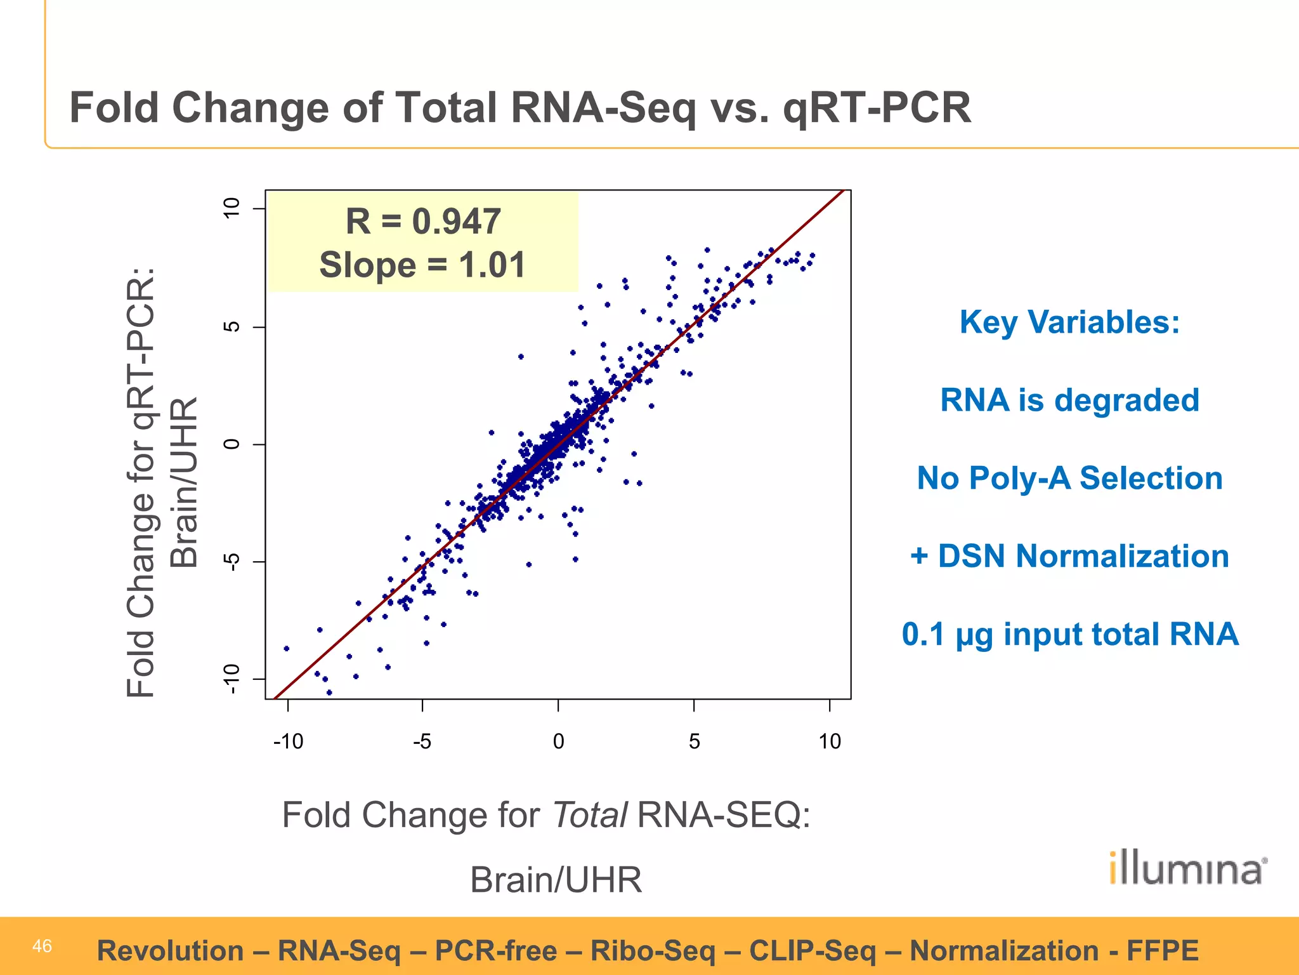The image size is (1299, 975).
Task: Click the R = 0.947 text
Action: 423,222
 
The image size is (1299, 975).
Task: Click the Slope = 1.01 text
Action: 423,265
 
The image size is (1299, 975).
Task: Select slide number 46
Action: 42,946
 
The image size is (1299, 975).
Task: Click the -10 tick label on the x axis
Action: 288,741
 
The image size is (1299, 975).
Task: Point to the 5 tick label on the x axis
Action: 694,741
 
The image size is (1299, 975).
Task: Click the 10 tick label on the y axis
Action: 232,208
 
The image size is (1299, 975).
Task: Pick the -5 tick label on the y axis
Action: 232,562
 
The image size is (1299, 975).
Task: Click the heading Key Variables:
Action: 1069,322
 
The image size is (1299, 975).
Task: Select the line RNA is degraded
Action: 1069,400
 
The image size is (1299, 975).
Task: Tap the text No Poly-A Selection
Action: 1069,478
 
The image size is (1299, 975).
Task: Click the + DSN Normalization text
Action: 1069,556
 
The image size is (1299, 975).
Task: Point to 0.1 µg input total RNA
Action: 1069,634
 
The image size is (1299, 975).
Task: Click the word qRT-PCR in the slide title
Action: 877,108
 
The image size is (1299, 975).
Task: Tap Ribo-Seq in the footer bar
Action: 653,951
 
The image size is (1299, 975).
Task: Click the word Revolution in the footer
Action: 170,951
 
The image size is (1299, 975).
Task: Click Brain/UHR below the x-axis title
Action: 556,880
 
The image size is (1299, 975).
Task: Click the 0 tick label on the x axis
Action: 558,741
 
